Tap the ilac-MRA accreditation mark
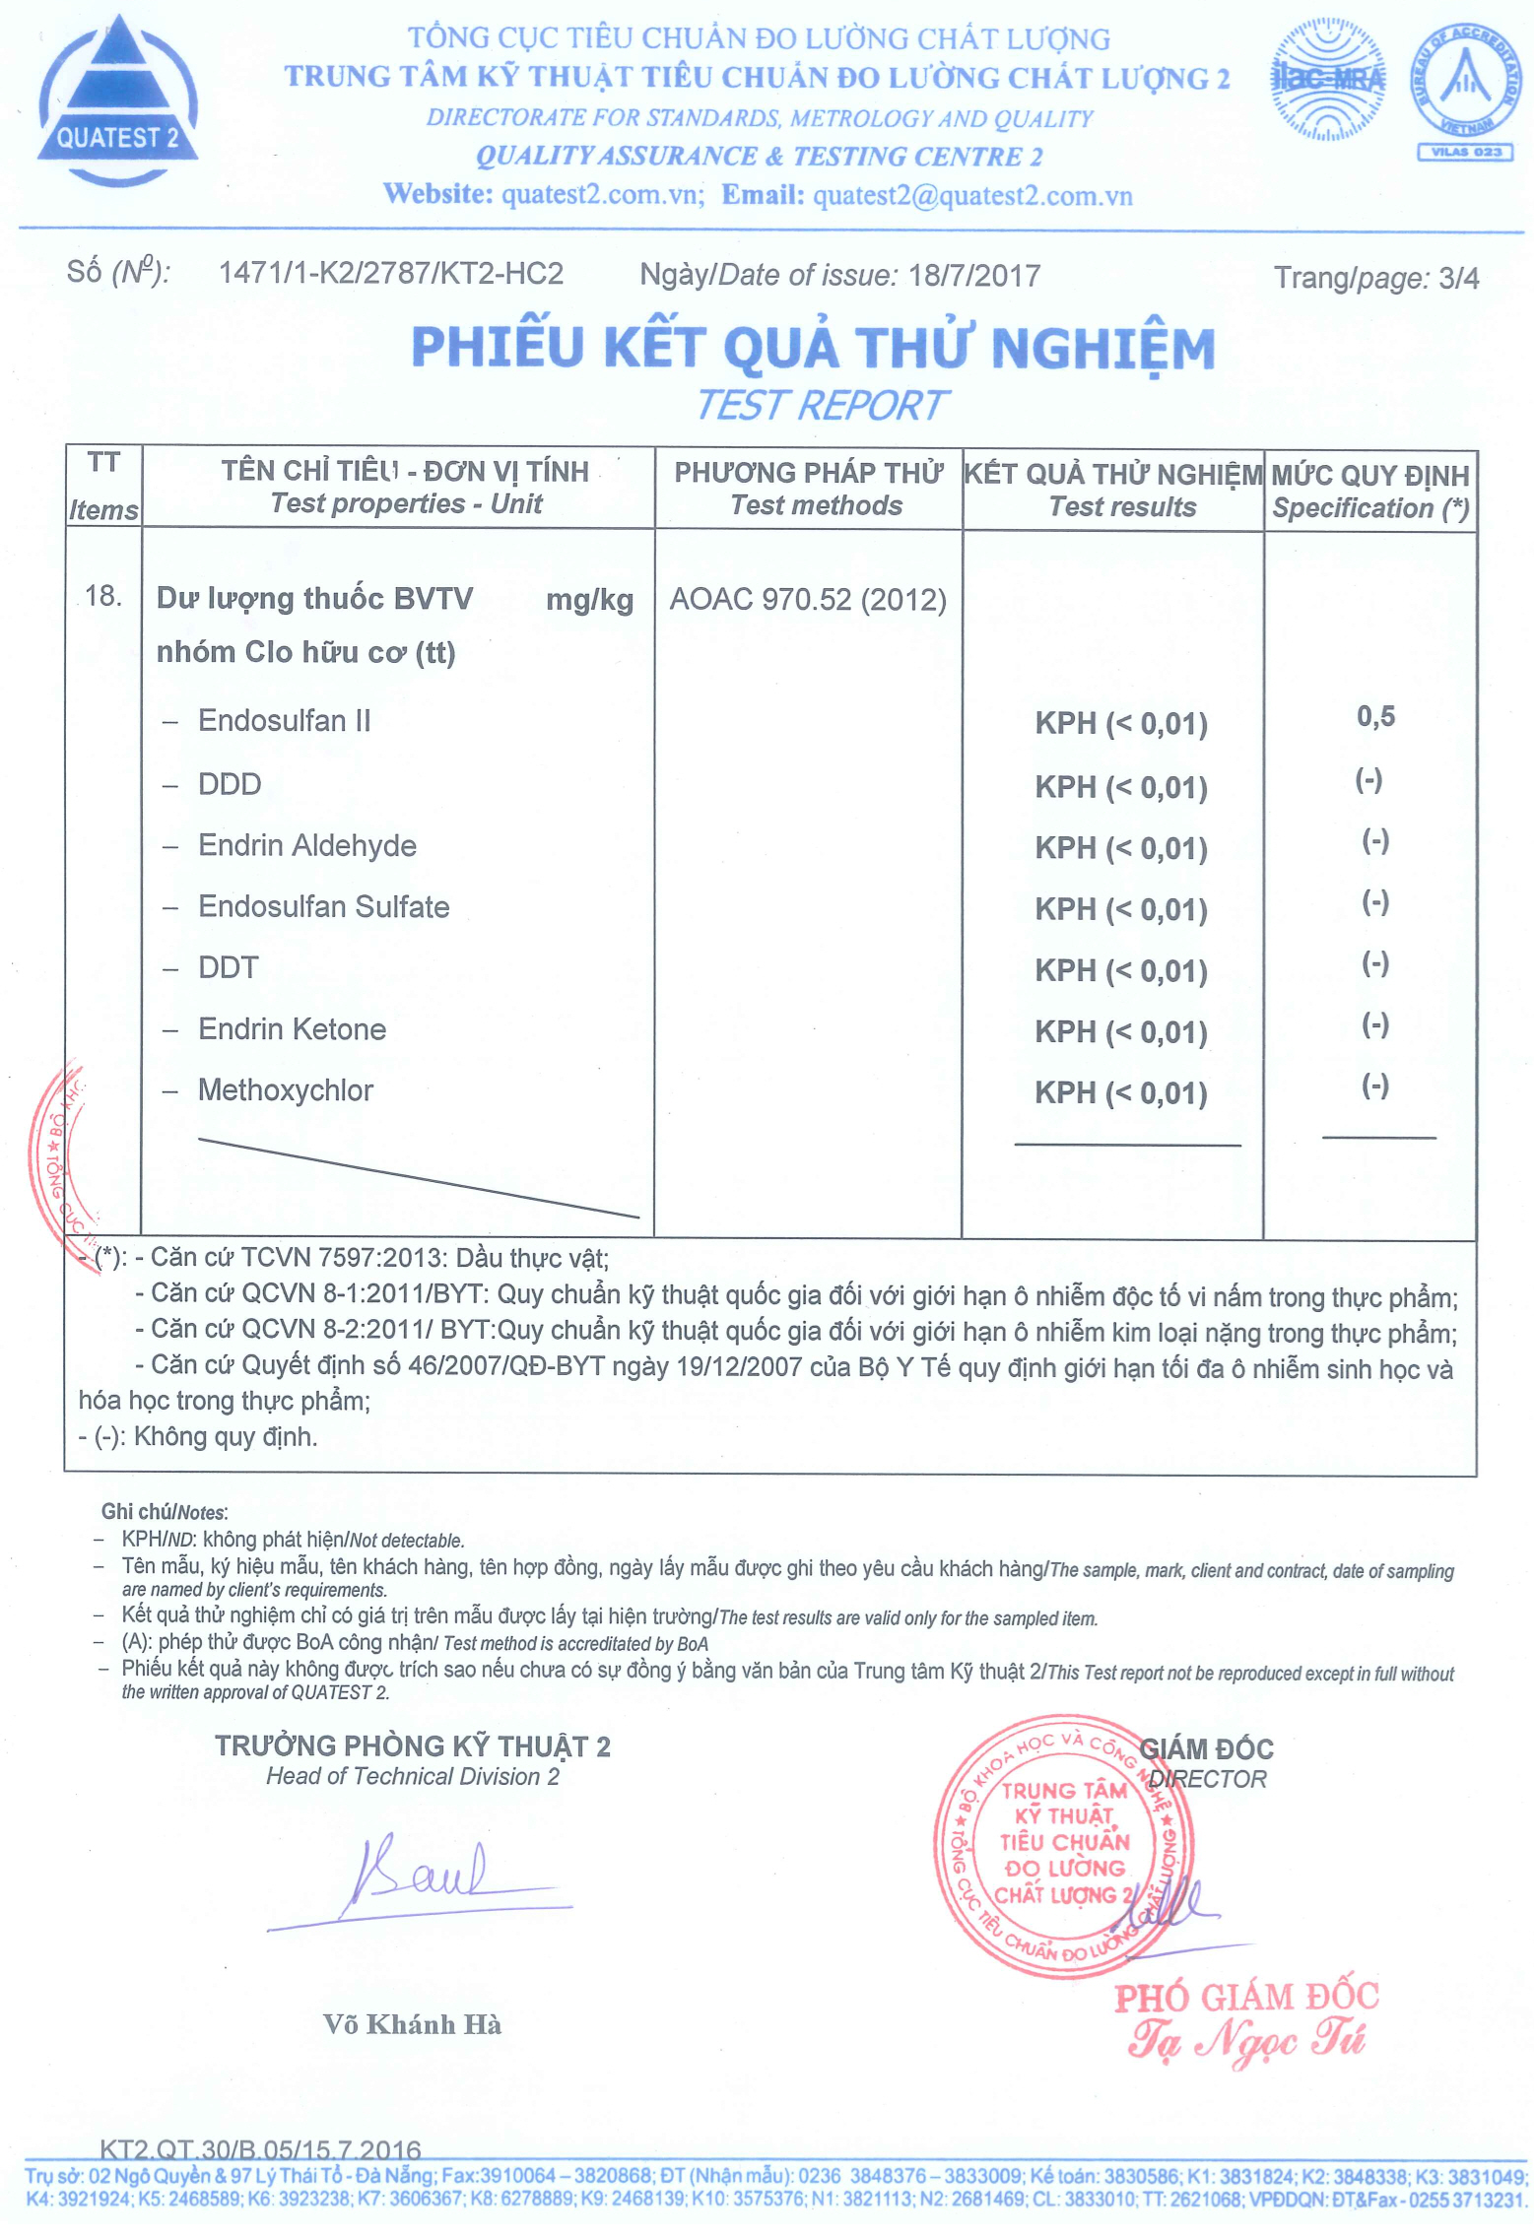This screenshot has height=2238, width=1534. point(1326,79)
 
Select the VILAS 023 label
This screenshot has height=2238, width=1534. point(1465,152)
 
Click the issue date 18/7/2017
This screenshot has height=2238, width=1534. point(974,276)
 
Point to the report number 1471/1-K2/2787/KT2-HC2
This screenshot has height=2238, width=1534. point(391,273)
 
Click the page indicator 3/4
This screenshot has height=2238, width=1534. point(1458,279)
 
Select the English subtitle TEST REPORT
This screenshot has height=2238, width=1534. point(823,405)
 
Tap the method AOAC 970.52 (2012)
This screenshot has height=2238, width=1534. point(808,599)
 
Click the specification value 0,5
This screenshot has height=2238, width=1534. point(1375,716)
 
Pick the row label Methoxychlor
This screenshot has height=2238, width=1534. point(286,1090)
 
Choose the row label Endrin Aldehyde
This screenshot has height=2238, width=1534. point(307,845)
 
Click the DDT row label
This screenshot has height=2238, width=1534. point(229,967)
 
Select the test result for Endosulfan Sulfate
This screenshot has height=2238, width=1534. point(1120,908)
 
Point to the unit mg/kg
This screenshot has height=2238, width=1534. point(589,600)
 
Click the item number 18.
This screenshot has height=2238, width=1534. point(103,596)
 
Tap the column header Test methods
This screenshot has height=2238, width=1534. point(816,506)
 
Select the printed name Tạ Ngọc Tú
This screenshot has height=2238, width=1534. point(1247,2039)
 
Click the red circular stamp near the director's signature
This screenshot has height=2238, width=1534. point(1064,1846)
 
